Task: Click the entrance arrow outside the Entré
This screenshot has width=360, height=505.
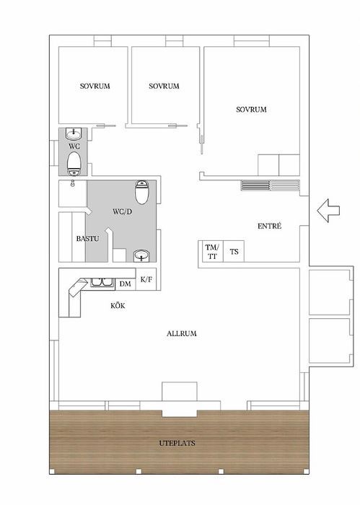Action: [328, 211]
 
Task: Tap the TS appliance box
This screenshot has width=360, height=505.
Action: [234, 251]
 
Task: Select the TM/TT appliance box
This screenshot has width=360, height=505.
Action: [211, 251]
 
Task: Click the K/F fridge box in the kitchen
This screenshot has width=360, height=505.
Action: [146, 279]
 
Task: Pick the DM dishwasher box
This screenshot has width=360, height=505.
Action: [126, 284]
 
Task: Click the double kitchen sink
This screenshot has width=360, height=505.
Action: [102, 283]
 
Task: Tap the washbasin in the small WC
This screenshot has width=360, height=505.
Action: [75, 133]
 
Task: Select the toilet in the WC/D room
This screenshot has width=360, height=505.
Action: [141, 192]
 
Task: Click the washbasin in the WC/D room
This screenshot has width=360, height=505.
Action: [141, 255]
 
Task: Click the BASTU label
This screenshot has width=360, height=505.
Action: [87, 239]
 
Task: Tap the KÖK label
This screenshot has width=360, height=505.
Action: [118, 305]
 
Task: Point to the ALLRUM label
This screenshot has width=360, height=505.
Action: [182, 333]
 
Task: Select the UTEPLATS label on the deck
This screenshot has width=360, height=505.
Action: [177, 443]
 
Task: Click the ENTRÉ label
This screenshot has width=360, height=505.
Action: [270, 226]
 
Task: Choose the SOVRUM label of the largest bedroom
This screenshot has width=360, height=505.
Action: [252, 110]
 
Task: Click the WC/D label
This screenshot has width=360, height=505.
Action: [123, 212]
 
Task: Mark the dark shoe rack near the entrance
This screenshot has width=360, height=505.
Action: [255, 185]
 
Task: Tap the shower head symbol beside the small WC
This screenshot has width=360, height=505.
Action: [73, 183]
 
